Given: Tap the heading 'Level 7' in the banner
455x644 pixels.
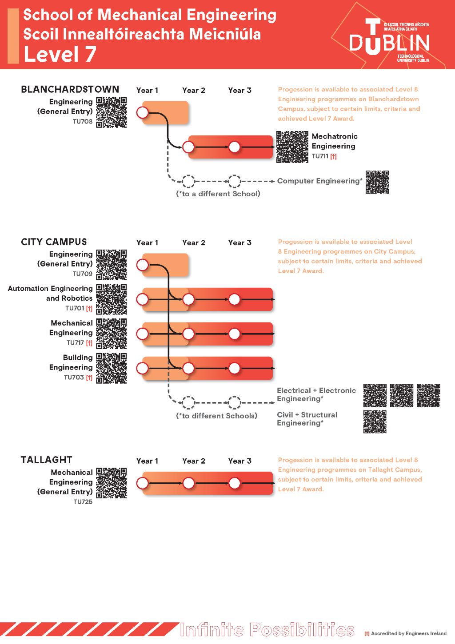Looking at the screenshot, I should click(x=60, y=55).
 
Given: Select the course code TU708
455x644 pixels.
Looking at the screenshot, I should click(x=83, y=122).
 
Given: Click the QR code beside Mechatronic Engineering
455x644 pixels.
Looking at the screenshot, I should click(x=292, y=147).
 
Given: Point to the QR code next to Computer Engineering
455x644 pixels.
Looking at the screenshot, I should click(x=377, y=182).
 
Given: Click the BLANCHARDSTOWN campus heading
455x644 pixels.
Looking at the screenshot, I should click(x=70, y=89).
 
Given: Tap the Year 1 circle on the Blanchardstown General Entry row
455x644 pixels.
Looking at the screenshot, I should click(x=143, y=112).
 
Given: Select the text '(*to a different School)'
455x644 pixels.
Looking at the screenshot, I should click(x=218, y=194).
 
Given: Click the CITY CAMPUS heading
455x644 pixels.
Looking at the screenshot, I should click(x=54, y=242).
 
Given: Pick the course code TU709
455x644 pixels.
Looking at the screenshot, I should click(x=83, y=274).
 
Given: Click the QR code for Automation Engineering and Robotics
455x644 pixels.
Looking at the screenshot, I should click(x=112, y=299).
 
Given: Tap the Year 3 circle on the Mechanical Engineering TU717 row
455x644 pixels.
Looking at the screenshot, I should click(x=234, y=334).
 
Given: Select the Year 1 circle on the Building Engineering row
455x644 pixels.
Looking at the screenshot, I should click(x=143, y=368).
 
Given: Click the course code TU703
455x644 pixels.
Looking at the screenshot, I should click(x=74, y=378).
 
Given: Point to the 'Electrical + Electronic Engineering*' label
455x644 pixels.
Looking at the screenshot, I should click(x=316, y=394).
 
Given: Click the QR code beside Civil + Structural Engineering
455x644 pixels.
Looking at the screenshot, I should click(x=375, y=421).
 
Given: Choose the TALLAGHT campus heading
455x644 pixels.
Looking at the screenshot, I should click(x=46, y=460).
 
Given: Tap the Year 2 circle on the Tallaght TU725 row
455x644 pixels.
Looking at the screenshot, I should click(x=188, y=483).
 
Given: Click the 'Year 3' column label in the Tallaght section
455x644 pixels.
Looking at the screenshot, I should click(x=239, y=461).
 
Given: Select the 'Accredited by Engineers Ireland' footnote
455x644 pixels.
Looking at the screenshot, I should click(x=408, y=634).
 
